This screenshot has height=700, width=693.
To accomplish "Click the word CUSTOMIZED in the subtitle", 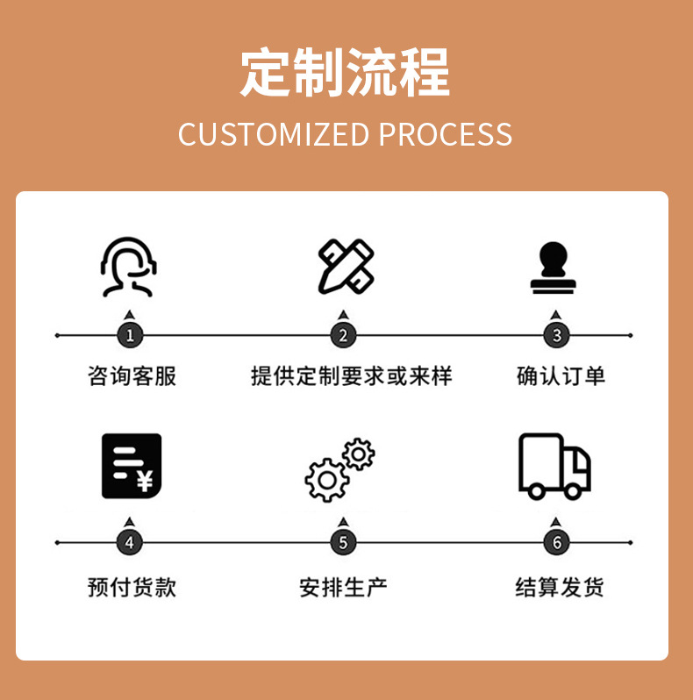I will tap(274, 134).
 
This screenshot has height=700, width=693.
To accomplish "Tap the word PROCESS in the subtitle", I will tap(446, 134).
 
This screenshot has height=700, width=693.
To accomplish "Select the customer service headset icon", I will tap(129, 266).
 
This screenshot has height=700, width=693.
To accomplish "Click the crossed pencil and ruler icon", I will tap(345, 266).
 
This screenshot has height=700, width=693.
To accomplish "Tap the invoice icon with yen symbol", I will tap(132, 466).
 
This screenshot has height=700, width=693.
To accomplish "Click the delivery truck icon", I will tap(554, 466).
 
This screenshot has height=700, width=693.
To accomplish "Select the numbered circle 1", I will tap(130, 335).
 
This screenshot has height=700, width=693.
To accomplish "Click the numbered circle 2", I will tap(343, 335).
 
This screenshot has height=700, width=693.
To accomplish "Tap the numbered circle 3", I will tap(556, 335).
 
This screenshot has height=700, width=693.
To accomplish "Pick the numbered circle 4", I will tap(130, 542).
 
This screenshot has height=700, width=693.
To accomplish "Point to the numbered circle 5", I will tap(343, 542).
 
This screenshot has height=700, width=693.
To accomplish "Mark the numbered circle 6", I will tap(556, 542).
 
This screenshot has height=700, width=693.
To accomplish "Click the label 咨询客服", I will tap(132, 376).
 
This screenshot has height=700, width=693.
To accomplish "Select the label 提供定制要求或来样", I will tap(351, 376).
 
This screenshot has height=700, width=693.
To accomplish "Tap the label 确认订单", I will tap(561, 376).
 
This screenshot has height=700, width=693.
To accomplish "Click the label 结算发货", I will tap(559, 587).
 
